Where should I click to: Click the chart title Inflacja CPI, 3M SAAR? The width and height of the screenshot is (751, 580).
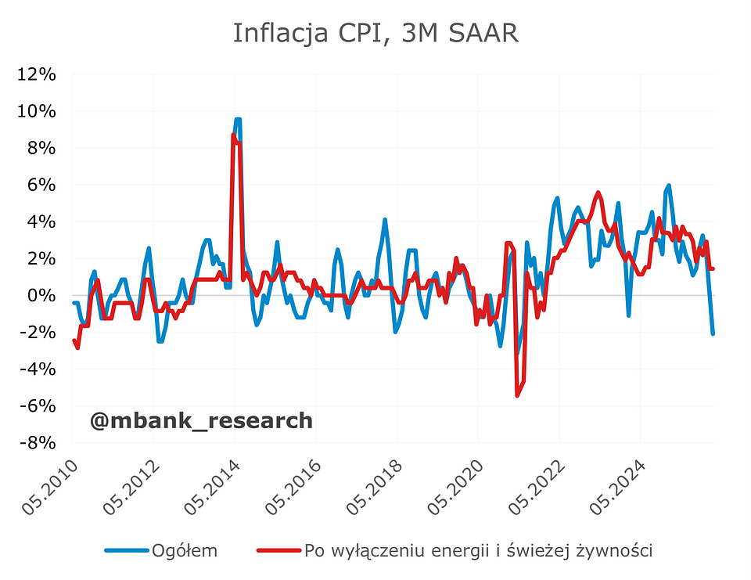pos(375,33)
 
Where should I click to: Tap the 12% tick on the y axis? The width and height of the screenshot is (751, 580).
pos(38,74)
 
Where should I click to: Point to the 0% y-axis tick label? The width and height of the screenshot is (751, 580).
pos(42,295)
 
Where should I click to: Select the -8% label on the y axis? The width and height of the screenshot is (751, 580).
pos(38,442)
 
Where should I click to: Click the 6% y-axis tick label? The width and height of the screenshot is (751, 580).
pos(42,185)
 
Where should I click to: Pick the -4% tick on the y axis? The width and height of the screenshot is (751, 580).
pos(38,369)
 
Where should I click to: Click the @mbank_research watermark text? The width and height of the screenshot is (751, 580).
pos(201,421)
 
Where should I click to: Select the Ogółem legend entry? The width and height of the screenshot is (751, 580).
pos(186,550)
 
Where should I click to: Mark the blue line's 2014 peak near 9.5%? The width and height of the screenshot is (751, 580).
pos(238,120)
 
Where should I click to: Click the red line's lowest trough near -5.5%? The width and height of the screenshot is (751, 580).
pos(517,395)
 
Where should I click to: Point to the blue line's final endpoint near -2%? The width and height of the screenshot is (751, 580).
pos(713,333)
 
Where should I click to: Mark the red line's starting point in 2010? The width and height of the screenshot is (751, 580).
pos(74,340)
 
